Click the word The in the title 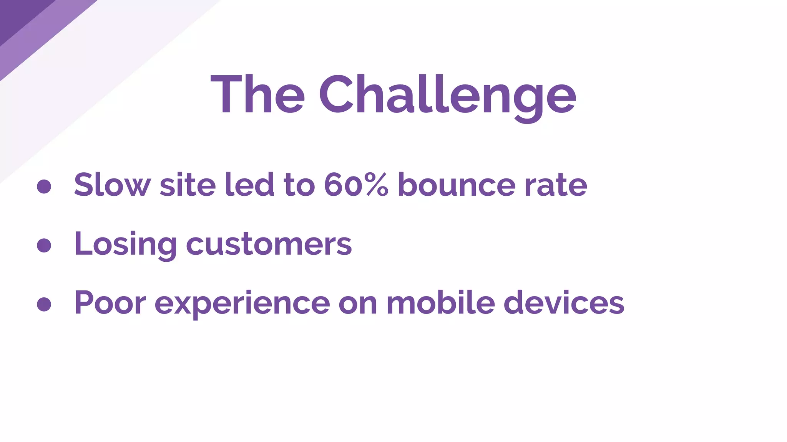click(257, 95)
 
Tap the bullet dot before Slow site click(44, 186)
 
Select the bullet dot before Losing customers click(44, 246)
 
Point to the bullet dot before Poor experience click(44, 304)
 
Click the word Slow click(112, 185)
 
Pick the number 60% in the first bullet click(356, 185)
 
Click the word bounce click(456, 185)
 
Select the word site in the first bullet click(188, 185)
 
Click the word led click(249, 185)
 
